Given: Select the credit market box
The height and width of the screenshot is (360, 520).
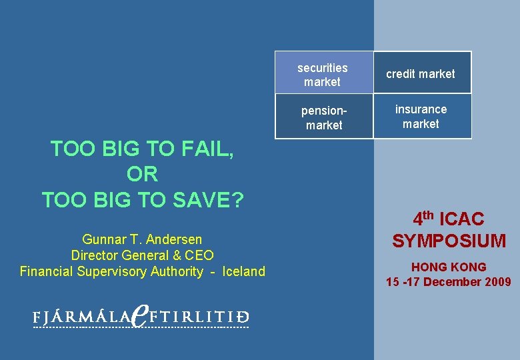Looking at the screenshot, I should (421, 74).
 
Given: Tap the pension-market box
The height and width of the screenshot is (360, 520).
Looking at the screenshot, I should (323, 117).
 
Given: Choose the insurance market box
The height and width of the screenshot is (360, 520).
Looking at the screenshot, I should (421, 117).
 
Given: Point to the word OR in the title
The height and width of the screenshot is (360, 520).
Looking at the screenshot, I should (142, 175).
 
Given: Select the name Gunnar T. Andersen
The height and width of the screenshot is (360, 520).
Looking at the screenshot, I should (142, 239).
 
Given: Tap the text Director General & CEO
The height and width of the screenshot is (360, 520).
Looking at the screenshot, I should (142, 255).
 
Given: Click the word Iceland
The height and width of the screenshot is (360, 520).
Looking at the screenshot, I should (243, 271).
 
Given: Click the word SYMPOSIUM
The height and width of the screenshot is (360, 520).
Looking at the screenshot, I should (449, 241).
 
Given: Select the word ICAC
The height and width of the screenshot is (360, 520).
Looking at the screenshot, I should (462, 219).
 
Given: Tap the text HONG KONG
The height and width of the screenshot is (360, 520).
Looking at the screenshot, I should (449, 267).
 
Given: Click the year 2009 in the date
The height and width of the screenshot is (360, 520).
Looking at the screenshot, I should (497, 282).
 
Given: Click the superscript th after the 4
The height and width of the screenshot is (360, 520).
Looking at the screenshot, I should (429, 215).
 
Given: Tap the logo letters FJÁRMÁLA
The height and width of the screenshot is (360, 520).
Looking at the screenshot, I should (81, 318).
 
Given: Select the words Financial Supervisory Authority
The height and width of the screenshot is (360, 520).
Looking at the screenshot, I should (111, 271).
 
